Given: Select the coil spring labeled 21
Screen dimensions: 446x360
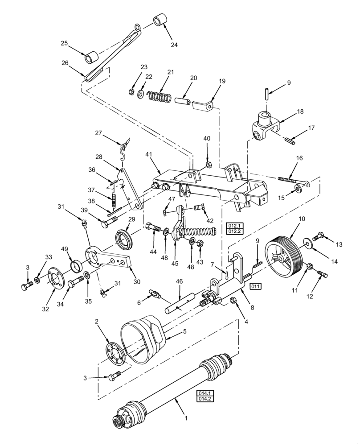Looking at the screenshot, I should (160, 96).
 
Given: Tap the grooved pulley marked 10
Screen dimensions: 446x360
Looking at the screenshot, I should (283, 254).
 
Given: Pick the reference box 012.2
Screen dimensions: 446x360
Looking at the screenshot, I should (233, 231).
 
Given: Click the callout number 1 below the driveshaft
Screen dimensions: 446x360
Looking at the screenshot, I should (186, 418).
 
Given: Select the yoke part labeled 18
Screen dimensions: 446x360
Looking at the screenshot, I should (265, 126).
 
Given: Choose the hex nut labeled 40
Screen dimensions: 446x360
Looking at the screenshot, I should (208, 165).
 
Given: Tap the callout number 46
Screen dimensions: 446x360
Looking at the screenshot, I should (179, 282).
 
